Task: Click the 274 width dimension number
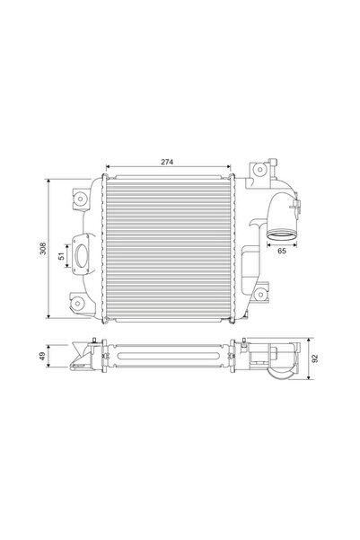[168, 163]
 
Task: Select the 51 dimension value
[63, 256]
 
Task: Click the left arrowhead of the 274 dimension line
[108, 168]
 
